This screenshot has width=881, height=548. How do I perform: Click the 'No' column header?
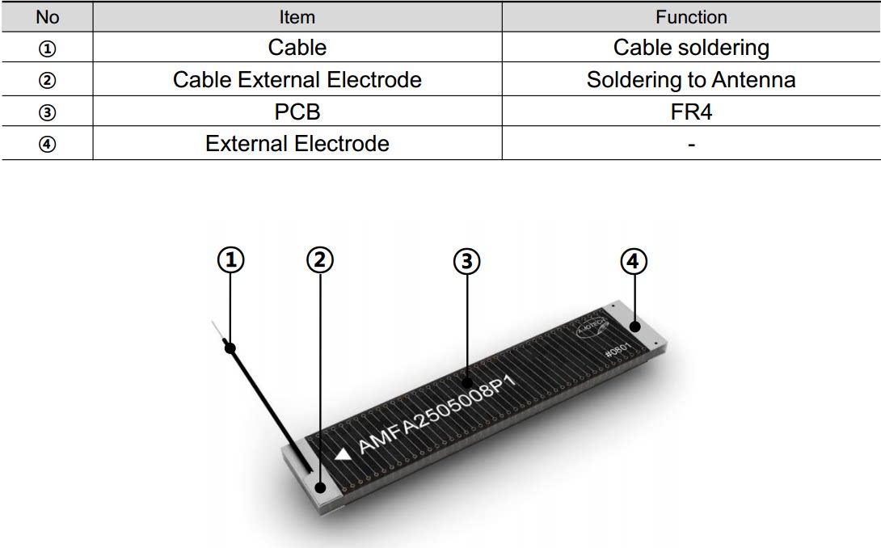point(48,17)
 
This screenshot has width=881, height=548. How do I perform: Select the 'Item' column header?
point(297,17)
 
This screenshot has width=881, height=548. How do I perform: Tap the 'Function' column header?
point(691,17)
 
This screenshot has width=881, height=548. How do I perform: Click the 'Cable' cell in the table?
point(297,48)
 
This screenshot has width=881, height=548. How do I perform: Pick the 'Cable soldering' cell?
point(691,48)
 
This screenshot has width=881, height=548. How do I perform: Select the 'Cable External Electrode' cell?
point(297,80)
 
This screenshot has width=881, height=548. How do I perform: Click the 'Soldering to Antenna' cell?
point(691,80)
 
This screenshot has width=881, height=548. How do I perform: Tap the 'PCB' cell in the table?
point(297,112)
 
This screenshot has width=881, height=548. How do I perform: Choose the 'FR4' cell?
point(691,112)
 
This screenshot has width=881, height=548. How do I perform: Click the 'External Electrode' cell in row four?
point(297,144)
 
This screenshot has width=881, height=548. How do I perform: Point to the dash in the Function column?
point(691,145)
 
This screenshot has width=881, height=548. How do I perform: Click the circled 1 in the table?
point(48,48)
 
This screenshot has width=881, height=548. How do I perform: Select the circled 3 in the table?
point(48,112)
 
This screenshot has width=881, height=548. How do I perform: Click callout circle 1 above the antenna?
point(231,260)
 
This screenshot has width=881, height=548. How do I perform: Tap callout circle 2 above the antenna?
point(320,260)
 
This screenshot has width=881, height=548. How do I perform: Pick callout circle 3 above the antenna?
point(466,260)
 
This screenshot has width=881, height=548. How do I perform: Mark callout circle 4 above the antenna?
point(634,260)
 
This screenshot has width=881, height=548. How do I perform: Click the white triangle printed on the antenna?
point(344,454)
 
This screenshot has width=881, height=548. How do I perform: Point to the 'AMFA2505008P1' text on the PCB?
point(436,413)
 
